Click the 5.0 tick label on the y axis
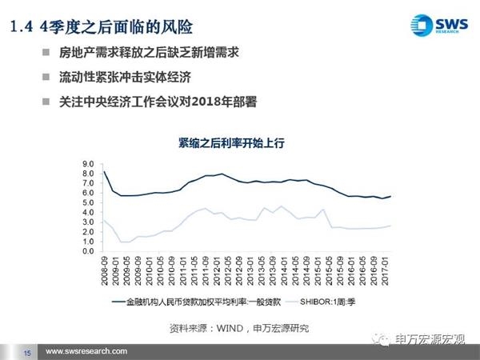[x=89, y=202]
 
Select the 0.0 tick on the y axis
[x=89, y=251]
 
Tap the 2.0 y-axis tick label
[x=89, y=232]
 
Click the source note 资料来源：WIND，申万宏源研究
[x=239, y=327]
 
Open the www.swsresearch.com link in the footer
[x=86, y=352]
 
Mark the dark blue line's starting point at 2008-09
[x=104, y=171]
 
